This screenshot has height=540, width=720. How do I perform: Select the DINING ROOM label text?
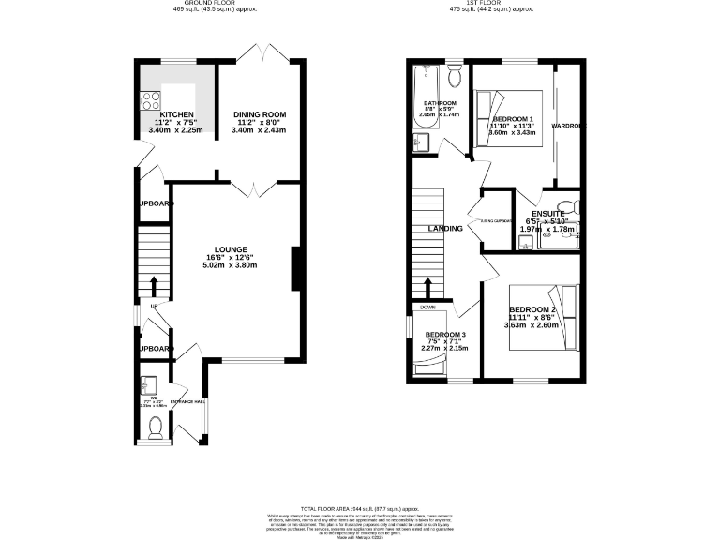259,114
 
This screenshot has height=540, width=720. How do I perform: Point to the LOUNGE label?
230,249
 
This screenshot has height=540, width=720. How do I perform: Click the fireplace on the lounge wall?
296,269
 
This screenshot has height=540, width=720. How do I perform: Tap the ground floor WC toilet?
156,428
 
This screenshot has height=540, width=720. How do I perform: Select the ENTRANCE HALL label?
187,401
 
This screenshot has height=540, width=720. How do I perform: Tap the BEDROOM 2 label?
533,309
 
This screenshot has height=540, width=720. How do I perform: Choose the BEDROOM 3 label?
445,335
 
